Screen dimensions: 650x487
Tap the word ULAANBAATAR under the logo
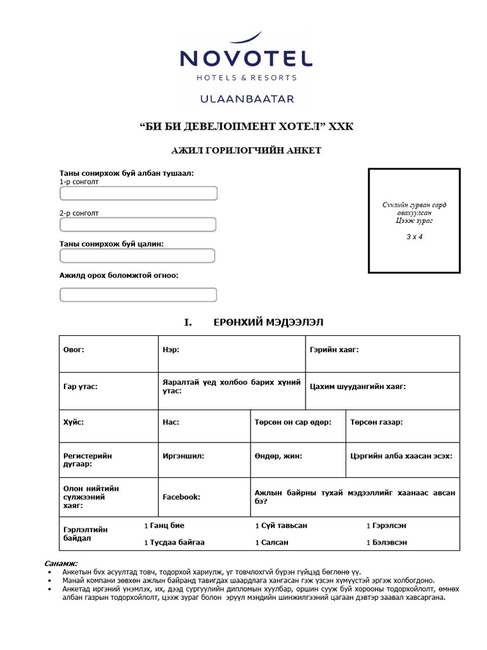pyautogui.click(x=246, y=99)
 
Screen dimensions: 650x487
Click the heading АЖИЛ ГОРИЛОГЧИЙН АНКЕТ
pyautogui.click(x=247, y=150)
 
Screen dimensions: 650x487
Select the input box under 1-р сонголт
pyautogui.click(x=138, y=194)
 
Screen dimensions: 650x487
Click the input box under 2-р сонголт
pyautogui.click(x=138, y=224)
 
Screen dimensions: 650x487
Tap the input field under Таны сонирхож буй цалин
pyautogui.click(x=138, y=255)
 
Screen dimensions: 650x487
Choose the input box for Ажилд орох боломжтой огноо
pyautogui.click(x=138, y=295)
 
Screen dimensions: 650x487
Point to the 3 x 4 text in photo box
pyautogui.click(x=414, y=237)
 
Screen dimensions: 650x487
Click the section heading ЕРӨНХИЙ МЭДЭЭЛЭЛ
pyautogui.click(x=268, y=322)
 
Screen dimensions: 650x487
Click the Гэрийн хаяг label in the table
pyautogui.click(x=334, y=350)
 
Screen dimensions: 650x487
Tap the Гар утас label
pyautogui.click(x=81, y=386)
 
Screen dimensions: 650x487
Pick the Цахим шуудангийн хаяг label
pyautogui.click(x=358, y=386)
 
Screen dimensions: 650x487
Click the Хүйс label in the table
pyautogui.click(x=74, y=421)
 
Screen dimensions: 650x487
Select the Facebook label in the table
pyautogui.click(x=181, y=497)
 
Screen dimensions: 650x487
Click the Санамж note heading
pyautogui.click(x=61, y=563)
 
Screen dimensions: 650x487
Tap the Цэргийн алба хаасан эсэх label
pyautogui.click(x=402, y=456)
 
